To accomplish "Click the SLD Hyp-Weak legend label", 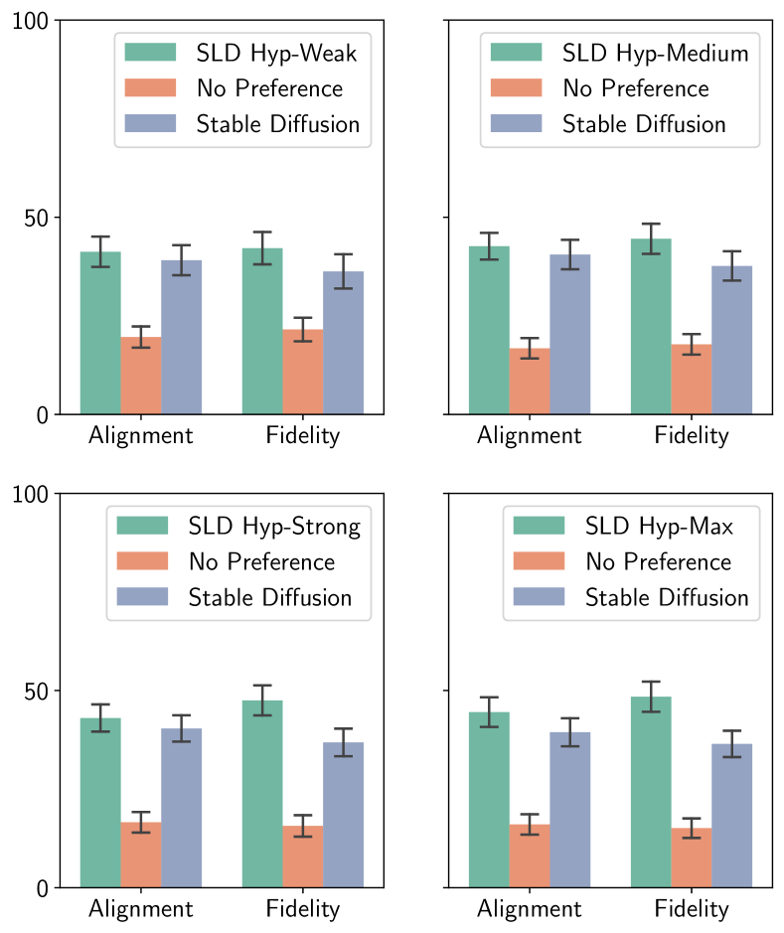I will click(276, 53).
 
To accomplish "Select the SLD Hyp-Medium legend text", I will click(655, 53).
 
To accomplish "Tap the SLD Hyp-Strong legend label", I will click(274, 527).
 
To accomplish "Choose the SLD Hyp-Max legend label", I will click(659, 527).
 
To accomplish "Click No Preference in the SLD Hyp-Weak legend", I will click(269, 88).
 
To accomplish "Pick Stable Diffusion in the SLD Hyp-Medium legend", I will click(644, 124).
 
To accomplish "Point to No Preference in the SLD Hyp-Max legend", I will click(658, 562).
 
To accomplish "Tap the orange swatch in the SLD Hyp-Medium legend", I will click(516, 88).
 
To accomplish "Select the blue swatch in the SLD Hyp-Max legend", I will click(539, 598).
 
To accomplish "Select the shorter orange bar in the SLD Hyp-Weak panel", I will click(141, 375).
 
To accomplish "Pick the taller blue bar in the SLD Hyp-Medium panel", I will click(570, 334).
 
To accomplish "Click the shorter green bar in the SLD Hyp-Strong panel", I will click(100, 802).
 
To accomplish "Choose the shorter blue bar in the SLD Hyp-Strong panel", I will click(343, 814).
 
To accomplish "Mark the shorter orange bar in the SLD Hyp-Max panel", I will click(691, 856).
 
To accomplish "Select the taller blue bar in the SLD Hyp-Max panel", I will click(570, 809).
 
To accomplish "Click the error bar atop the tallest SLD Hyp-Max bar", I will click(651, 697).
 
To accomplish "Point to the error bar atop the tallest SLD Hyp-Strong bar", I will click(262, 700).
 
